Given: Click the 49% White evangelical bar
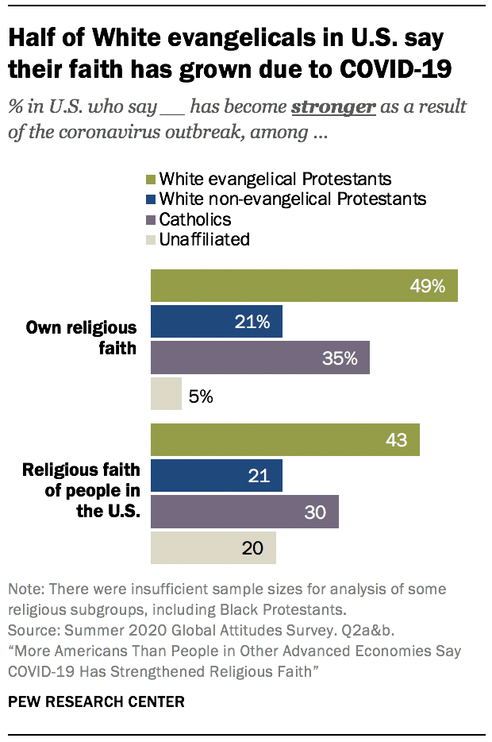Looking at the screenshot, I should pyautogui.click(x=304, y=286).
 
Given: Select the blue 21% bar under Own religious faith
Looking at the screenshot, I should pyautogui.click(x=216, y=322).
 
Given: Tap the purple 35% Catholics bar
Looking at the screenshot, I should pyautogui.click(x=259, y=357).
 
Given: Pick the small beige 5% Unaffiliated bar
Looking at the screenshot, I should pyautogui.click(x=166, y=394).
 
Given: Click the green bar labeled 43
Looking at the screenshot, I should pyautogui.click(x=284, y=440).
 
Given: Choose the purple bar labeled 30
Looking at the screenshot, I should pyautogui.click(x=244, y=512).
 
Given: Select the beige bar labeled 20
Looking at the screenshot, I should pyautogui.click(x=213, y=548).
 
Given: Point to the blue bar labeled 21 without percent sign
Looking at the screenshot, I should pyautogui.click(x=216, y=476).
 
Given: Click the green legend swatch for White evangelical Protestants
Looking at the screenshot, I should pyautogui.click(x=152, y=179).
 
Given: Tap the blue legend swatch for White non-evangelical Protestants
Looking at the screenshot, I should pyautogui.click(x=152, y=199).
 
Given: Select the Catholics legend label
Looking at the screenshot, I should pyautogui.click(x=195, y=218).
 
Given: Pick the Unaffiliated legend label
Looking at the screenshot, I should pyautogui.click(x=205, y=238).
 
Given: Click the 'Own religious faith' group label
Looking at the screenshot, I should pyautogui.click(x=81, y=337).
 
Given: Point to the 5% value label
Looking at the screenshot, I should pyautogui.click(x=201, y=395).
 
